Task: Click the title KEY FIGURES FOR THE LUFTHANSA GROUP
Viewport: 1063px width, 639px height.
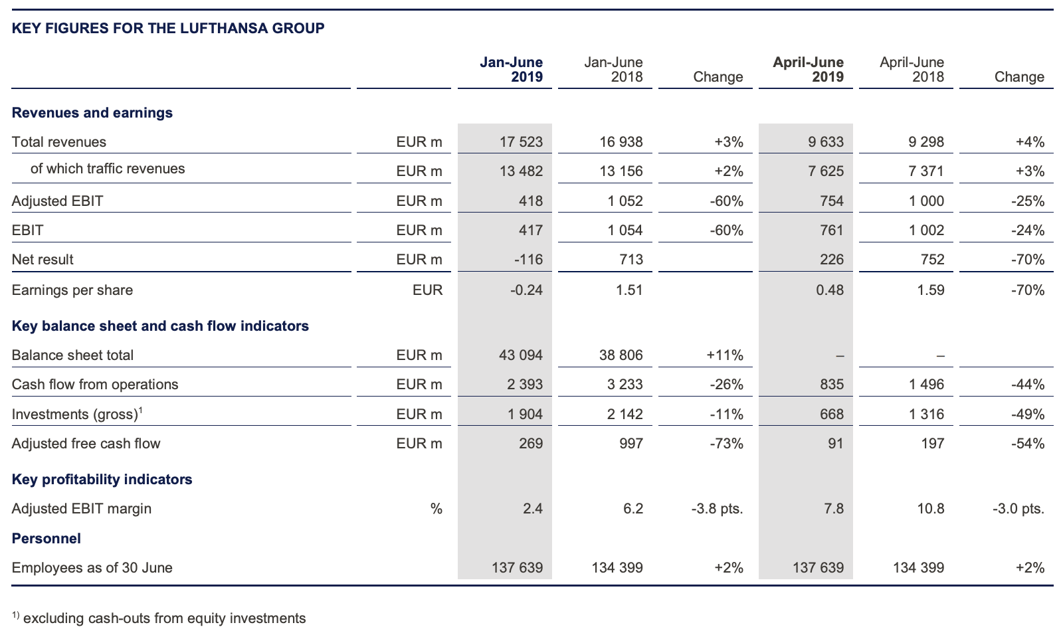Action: pos(168,28)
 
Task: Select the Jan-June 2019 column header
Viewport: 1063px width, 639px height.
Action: pos(511,69)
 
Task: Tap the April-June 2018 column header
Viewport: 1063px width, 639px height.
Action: pos(912,69)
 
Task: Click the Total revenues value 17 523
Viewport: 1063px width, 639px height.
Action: pos(521,142)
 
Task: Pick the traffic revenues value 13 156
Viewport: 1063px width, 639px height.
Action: pos(621,171)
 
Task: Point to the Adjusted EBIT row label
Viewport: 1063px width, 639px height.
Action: pos(57,201)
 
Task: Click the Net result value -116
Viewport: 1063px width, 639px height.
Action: pos(528,260)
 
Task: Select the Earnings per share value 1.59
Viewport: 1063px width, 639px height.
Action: pos(931,290)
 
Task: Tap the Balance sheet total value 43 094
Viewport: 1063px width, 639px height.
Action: pos(521,355)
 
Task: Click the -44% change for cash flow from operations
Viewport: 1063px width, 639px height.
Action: pos(1028,384)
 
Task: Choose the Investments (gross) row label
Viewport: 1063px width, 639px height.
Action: pos(77,414)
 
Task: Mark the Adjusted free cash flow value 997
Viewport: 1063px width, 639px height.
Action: pos(630,443)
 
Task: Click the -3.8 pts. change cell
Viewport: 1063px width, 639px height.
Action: pos(717,509)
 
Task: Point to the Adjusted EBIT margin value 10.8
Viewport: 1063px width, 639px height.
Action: pos(931,509)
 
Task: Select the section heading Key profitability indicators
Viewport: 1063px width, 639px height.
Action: pos(102,479)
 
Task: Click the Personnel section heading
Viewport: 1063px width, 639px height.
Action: pos(46,539)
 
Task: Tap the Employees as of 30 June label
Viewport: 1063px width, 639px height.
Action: pos(92,567)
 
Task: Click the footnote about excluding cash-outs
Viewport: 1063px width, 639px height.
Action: pos(159,618)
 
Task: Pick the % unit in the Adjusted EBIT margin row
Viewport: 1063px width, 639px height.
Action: pos(436,509)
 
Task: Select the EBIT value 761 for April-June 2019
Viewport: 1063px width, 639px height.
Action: pos(831,230)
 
